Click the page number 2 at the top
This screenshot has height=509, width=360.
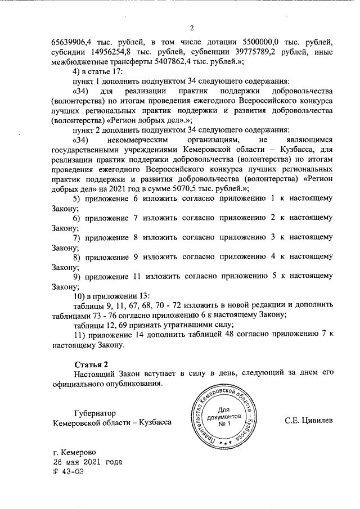[191, 29]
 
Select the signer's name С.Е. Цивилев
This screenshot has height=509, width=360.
[309, 421]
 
